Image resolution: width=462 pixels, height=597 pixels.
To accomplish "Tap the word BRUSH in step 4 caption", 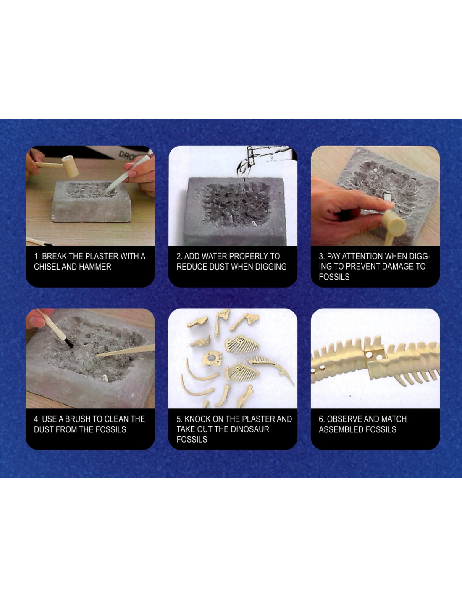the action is [x=78, y=419].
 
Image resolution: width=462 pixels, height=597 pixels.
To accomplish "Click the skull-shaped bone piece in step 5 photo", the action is [x=212, y=359].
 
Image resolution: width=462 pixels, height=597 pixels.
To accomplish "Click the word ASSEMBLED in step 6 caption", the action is [x=339, y=429].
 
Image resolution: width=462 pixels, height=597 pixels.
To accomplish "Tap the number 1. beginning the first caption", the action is [x=37, y=257].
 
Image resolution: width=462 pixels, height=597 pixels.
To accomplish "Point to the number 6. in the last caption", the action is [x=322, y=419].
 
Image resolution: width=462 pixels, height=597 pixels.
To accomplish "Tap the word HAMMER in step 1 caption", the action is [x=95, y=267].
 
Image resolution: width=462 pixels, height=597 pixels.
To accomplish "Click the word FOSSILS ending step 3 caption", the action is [x=334, y=277].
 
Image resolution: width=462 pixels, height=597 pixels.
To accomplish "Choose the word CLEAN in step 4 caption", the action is [x=116, y=419].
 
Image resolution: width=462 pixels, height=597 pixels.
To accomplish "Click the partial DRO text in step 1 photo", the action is [x=127, y=155].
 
